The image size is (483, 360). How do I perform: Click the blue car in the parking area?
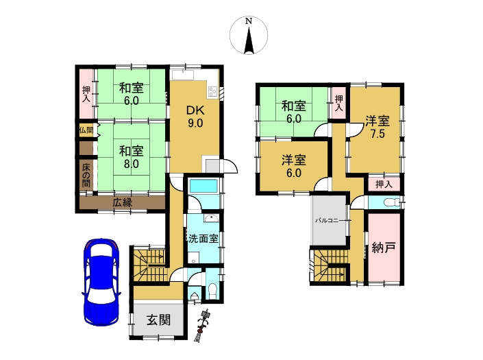pos(101,282)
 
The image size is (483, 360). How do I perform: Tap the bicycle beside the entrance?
pos(203,326)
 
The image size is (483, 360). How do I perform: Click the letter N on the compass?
pos(249,21)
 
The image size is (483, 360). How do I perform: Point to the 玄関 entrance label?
pos(158,320)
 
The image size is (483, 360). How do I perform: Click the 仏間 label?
pos(86,130)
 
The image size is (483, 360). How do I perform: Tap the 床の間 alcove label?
pos(86,175)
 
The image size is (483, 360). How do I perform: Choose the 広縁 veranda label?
pos(122,202)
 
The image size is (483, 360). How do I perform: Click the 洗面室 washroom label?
pos(203,238)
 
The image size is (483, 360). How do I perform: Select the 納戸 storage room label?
pos(384,248)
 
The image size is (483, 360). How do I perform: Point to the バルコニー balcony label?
pos(327,221)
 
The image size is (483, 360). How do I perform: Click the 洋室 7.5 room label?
pos(377,127)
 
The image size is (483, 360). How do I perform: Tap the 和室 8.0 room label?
pos(132,157)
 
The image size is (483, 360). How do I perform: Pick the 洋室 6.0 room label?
pos(294,167)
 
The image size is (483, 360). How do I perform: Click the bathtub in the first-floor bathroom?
pos(203,187)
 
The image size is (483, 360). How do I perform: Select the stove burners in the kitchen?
pos(212,91)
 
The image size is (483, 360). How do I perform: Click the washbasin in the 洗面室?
pos(211,218)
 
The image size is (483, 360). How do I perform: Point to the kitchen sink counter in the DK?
pos(183,75)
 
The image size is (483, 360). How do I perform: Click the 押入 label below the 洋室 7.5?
pos(384,184)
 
